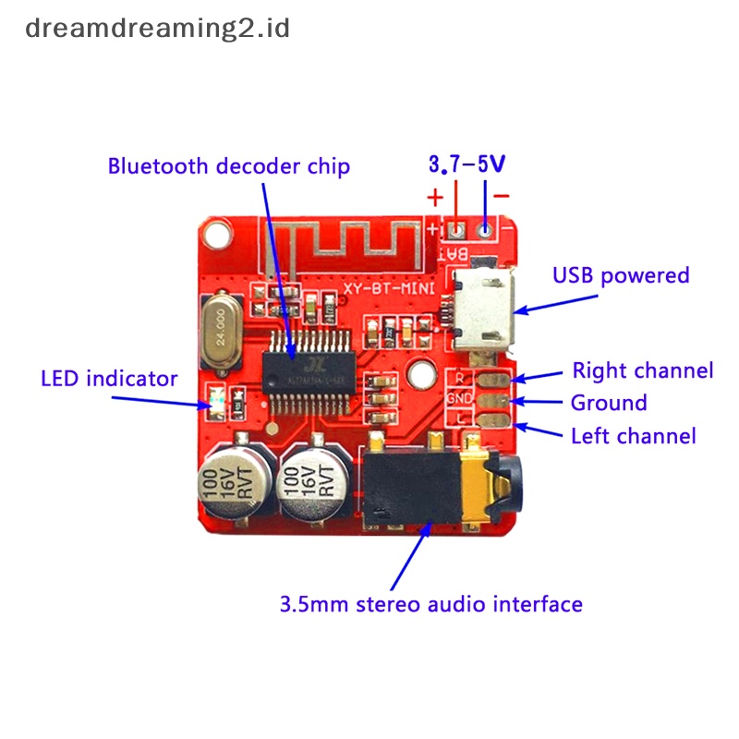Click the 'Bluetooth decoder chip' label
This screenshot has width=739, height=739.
pos(229,166)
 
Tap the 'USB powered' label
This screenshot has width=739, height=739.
pos(621,275)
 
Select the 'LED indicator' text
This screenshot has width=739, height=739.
pos(109,378)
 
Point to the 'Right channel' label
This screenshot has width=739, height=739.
pos(643,370)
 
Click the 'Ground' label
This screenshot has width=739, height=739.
pos(609,403)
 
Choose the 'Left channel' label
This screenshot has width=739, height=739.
pos(634,435)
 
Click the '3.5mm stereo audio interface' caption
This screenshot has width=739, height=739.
pos(431,604)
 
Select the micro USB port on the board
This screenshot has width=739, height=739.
pos(480,312)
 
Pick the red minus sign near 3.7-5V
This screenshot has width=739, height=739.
pos(501,196)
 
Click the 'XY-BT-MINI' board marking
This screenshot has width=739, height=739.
pos(385,289)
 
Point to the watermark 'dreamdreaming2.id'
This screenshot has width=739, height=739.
pos(158,28)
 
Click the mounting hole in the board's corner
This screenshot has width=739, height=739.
pos(217,236)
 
